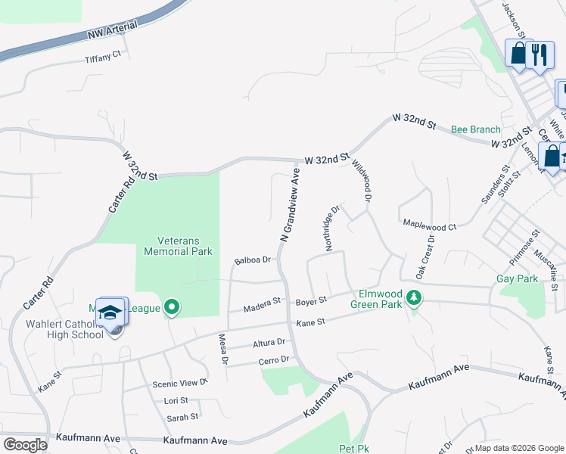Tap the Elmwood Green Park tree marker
point(413,298)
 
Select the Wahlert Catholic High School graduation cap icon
point(110,313)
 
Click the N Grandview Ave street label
point(291,205)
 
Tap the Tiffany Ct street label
point(103,58)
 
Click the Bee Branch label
point(476,129)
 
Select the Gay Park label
point(517,279)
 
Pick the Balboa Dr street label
point(253,260)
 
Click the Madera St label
point(262,305)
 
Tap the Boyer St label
point(311,300)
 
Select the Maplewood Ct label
point(430,226)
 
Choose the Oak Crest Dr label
point(424,255)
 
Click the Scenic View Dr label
point(180,383)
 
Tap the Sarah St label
point(182,416)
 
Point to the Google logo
point(25,445)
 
